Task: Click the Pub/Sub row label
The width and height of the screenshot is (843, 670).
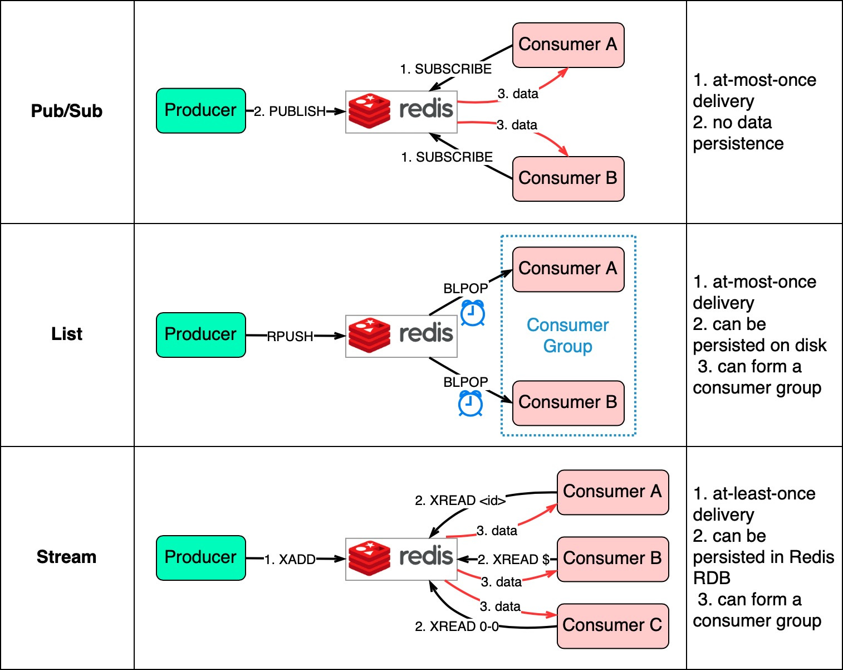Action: [67, 111]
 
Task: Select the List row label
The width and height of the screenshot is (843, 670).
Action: [67, 334]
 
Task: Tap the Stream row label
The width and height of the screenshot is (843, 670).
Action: [67, 557]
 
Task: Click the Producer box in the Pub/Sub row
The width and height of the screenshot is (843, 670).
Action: [201, 110]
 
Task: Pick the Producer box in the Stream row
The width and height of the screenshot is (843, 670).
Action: [201, 558]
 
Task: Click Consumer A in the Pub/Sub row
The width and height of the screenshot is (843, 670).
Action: [568, 45]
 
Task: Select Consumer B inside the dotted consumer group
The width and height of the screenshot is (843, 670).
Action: [568, 403]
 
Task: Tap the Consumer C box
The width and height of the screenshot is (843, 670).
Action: [613, 626]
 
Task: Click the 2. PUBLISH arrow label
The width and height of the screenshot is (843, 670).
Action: [290, 111]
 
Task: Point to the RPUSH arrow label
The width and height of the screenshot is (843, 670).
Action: [290, 337]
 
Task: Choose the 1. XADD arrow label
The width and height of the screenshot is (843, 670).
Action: [290, 560]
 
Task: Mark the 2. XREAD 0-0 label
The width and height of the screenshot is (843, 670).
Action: [457, 627]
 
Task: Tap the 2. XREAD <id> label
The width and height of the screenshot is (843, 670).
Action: [460, 501]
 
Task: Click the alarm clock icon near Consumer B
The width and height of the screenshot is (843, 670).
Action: [470, 405]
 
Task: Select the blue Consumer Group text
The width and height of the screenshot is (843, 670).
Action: [567, 336]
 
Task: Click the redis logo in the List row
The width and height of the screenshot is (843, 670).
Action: [401, 336]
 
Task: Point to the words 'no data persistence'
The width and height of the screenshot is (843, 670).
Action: [738, 133]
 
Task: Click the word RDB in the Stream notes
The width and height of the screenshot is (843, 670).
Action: [712, 578]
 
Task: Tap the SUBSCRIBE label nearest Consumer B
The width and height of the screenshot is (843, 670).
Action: [447, 157]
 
